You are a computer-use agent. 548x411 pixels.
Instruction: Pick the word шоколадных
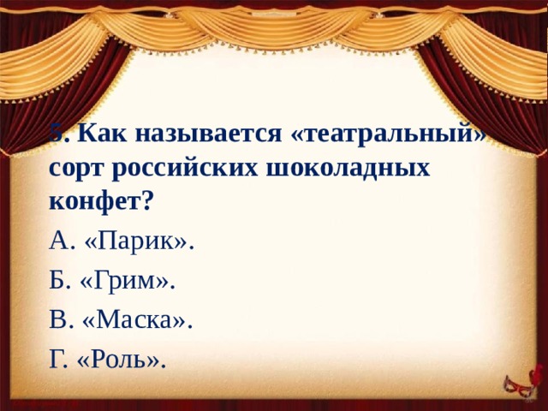pos(343,168)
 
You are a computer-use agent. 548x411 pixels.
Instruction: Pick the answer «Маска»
pos(138,320)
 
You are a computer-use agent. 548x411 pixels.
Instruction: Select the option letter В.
pos(59,320)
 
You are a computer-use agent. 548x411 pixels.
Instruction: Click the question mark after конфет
pos(148,200)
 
